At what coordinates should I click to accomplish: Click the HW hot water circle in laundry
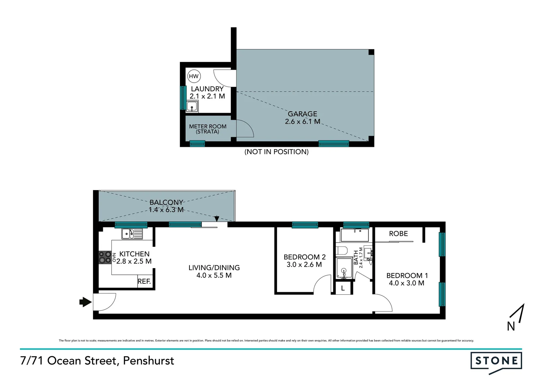coord(194,76)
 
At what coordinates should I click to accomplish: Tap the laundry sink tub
coord(192,106)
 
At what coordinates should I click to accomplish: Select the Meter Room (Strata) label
coord(208,129)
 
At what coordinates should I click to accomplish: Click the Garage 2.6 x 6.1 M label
coord(302,118)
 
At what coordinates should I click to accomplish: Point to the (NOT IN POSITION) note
coord(276,152)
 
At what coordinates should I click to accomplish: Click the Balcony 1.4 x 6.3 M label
coord(166,206)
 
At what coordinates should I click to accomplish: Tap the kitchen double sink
coord(132,234)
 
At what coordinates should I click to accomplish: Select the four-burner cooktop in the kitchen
coord(105,257)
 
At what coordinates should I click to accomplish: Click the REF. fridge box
coord(144,282)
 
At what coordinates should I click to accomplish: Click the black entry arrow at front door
coord(85,302)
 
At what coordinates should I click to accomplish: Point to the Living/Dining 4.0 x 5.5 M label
coord(214,272)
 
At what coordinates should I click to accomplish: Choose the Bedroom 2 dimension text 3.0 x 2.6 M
coord(304,265)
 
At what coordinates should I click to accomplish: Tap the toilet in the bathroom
coord(341,251)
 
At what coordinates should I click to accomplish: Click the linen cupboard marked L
coord(343,288)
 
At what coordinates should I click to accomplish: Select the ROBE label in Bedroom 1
coord(398,234)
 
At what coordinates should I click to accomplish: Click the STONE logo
coord(496,362)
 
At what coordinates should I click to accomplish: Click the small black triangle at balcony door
coord(217,219)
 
